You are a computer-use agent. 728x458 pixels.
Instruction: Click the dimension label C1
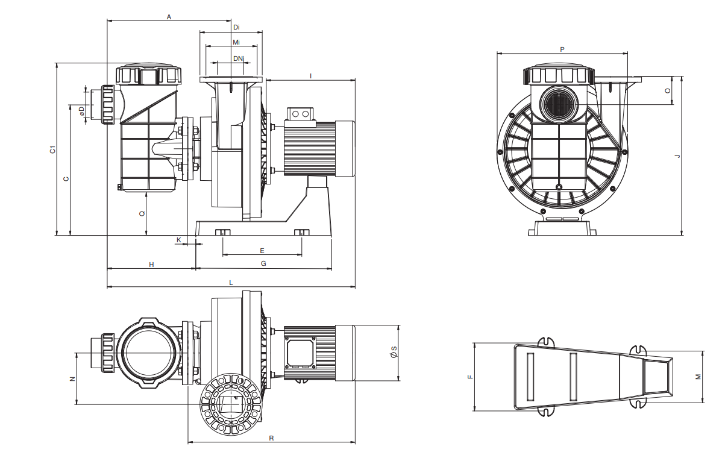coord(53,149)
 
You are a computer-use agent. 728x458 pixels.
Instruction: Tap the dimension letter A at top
coord(169,17)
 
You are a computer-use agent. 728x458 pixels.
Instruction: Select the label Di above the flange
coord(236,27)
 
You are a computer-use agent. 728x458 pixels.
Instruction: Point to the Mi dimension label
coord(236,43)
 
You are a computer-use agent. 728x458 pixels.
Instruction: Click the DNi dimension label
coord(239,58)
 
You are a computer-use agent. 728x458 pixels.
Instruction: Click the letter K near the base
coord(178,240)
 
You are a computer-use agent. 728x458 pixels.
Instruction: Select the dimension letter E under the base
coord(262,250)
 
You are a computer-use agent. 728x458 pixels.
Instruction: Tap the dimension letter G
coord(263,264)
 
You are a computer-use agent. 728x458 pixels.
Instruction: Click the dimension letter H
coord(152,265)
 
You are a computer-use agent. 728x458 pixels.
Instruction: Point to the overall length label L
coord(231,283)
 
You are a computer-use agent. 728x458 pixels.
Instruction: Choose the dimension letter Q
coord(142,213)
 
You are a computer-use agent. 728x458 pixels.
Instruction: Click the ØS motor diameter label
coord(393,353)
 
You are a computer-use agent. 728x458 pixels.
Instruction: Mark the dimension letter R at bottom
coord(271,438)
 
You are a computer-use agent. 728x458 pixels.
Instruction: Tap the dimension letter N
coord(72,378)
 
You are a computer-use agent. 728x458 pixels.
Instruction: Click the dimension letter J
coord(677,156)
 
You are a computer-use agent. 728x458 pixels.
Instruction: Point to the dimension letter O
coord(667,90)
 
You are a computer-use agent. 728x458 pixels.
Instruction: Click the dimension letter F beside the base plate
coord(471,377)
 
